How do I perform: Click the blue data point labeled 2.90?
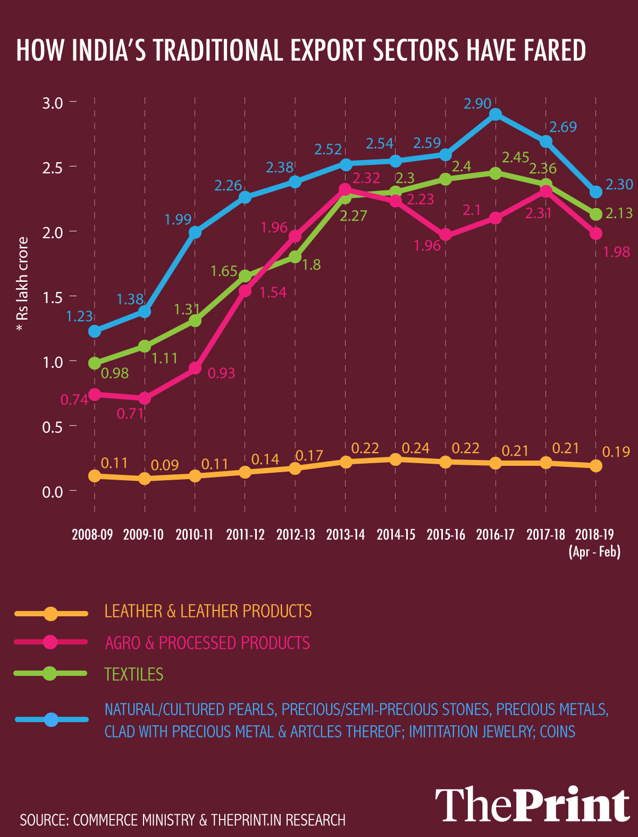pos(496,115)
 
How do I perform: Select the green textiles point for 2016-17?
pos(496,173)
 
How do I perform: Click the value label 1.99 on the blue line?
pos(178,219)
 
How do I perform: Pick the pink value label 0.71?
pos(130,413)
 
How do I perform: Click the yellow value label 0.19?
pos(616,452)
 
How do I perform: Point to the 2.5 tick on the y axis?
pos(53,168)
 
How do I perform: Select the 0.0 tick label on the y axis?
pos(53,492)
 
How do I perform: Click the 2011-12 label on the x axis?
pos(245,534)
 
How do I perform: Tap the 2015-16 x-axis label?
pos(446,534)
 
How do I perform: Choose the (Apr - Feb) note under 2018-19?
pos(594,551)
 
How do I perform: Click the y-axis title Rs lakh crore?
pos(22,284)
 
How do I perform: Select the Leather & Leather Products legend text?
pos(208,612)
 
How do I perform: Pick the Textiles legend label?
pos(134,674)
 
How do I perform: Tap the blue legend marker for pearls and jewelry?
pos(51,720)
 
